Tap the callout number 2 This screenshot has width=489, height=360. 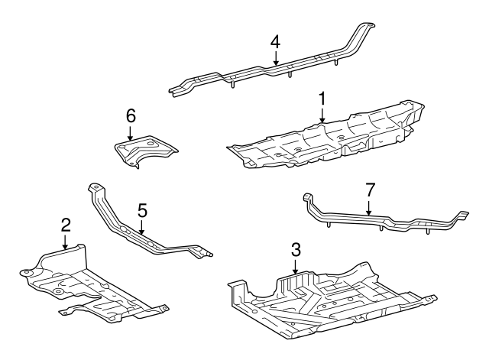click(66, 224)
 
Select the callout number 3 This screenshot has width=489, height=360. click(296, 249)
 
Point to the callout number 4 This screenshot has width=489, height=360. click(275, 41)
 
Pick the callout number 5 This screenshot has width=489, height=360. click(141, 209)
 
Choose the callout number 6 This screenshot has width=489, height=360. click(131, 115)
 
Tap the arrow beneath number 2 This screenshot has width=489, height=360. click(66, 242)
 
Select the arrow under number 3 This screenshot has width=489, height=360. click(296, 266)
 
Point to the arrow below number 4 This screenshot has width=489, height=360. click(275, 57)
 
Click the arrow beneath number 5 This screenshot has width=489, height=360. click(141, 225)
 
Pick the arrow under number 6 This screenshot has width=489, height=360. click(131, 133)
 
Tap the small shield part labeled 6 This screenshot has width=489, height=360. click(145, 151)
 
